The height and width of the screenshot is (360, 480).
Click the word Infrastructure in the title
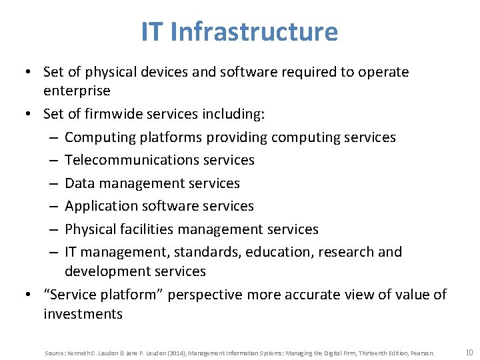[254, 31]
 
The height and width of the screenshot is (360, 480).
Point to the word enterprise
[77, 90]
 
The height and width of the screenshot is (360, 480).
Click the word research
[341, 252]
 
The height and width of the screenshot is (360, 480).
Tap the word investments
[83, 314]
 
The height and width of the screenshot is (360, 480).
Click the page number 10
[469, 352]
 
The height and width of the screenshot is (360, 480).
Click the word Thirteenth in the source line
[359, 353]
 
